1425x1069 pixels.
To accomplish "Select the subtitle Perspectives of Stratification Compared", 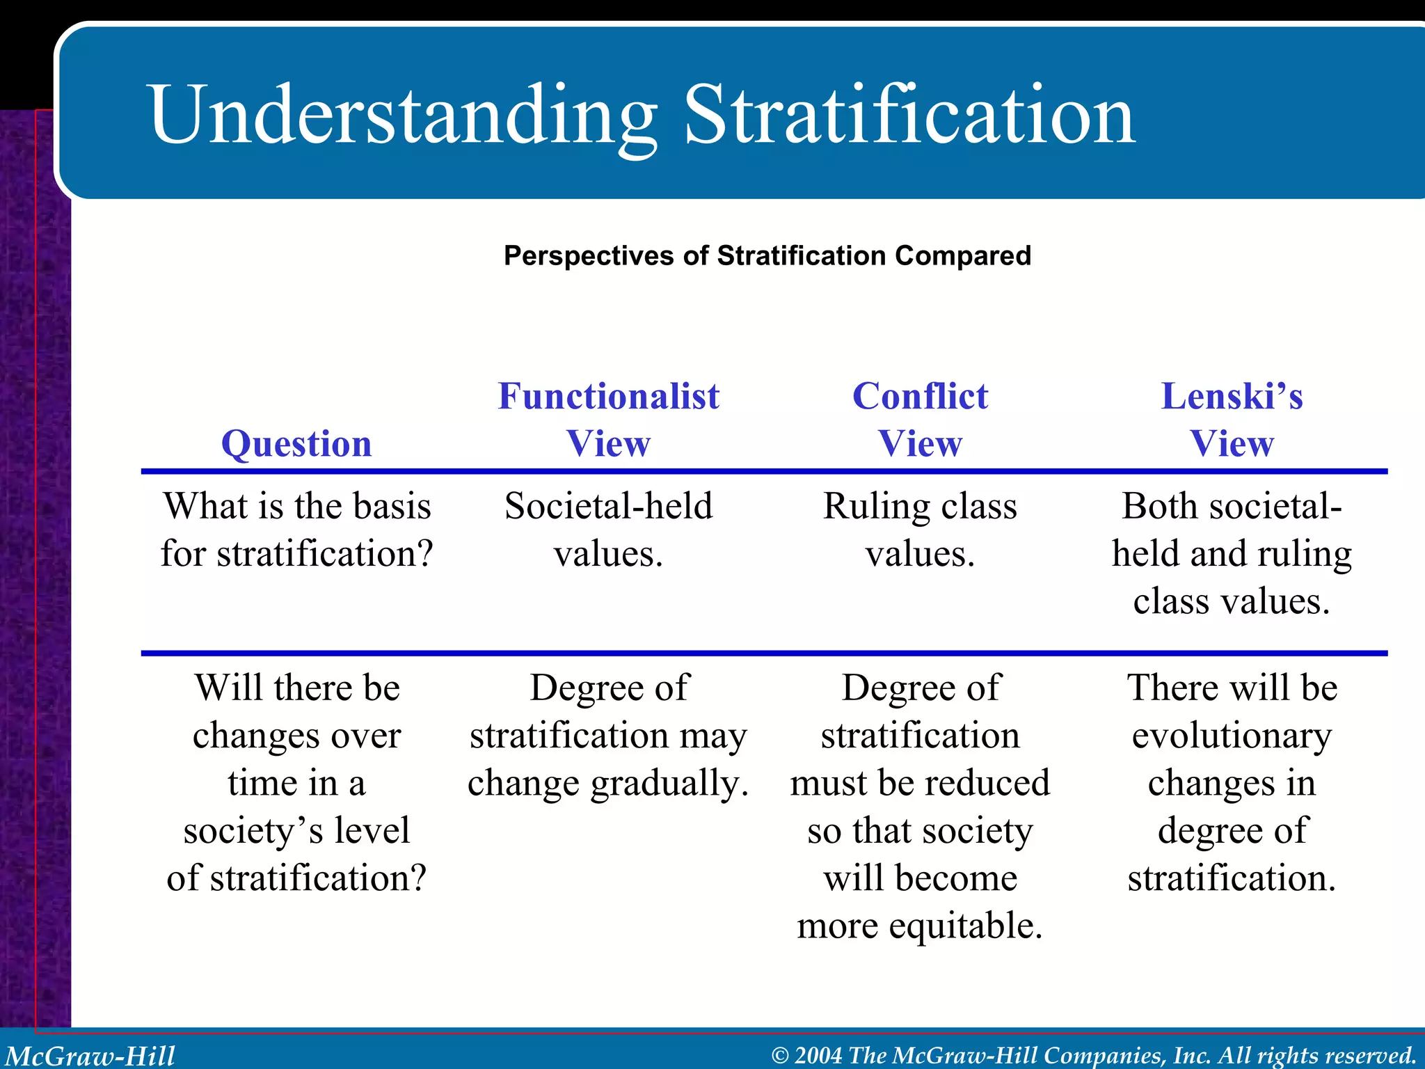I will click(767, 255).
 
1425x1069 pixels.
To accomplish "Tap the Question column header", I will click(296, 443).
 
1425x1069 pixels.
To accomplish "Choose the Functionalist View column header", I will click(608, 420).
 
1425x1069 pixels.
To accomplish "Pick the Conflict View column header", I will click(920, 420).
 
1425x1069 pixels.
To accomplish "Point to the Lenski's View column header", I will click(1232, 420).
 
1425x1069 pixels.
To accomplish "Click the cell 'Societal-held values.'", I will click(608, 530).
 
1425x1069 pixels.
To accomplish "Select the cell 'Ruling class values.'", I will click(920, 530).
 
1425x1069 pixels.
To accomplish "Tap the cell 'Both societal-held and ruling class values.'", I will click(1232, 553).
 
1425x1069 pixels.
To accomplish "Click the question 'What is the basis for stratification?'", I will click(296, 530).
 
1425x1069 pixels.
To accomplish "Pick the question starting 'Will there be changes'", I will click(296, 782).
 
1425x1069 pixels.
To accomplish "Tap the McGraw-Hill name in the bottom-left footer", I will click(90, 1055).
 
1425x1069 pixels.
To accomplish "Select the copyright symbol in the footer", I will click(780, 1056).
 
